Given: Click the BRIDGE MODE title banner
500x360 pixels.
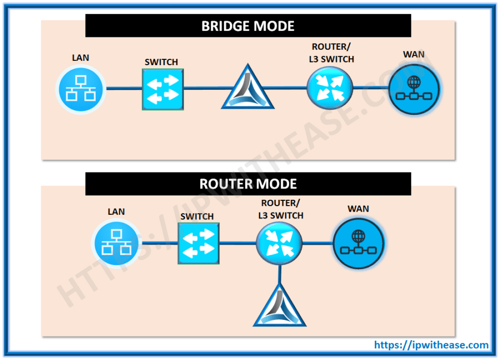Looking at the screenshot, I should click(248, 26).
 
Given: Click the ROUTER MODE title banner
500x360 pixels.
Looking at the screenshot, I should click(248, 184).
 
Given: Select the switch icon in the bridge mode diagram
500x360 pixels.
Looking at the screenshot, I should click(162, 89).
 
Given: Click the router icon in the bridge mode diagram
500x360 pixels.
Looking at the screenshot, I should click(330, 87).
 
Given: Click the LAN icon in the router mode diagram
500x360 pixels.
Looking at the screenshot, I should click(116, 244).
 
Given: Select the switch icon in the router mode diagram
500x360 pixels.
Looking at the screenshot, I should click(199, 244).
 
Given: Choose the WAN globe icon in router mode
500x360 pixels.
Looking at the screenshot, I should click(358, 244).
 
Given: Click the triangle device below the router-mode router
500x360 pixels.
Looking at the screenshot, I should click(279, 307).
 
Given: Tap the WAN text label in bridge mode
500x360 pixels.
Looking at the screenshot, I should click(414, 54).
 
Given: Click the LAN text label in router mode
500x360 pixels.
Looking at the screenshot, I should click(116, 212).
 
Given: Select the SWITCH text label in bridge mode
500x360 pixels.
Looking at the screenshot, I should click(161, 62).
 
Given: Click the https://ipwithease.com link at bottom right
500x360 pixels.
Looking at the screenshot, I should click(432, 345).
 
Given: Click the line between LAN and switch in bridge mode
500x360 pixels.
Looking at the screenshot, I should click(124, 88).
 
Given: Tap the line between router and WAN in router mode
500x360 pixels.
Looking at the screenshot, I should click(317, 244).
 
